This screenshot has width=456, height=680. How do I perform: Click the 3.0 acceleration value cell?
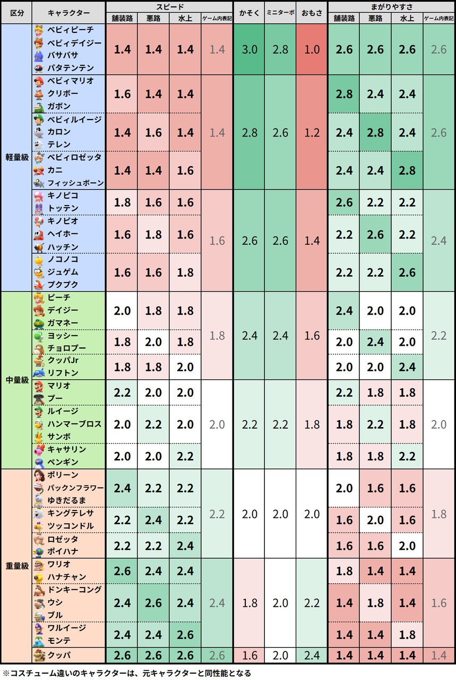click(x=249, y=49)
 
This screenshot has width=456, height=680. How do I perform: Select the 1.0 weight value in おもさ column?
click(x=312, y=49)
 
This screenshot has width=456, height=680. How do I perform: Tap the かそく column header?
click(x=249, y=13)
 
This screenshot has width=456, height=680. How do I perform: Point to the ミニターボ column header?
click(x=280, y=13)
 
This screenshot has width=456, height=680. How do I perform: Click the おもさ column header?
click(x=312, y=13)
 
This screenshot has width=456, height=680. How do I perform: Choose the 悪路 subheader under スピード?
click(x=153, y=19)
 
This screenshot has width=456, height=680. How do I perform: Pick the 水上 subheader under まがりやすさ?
click(x=407, y=19)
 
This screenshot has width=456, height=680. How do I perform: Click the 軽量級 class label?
click(x=17, y=157)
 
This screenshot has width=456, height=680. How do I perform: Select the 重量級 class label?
click(x=17, y=566)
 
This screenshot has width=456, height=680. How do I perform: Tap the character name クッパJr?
click(x=63, y=360)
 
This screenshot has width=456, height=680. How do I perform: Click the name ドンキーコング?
click(x=75, y=590)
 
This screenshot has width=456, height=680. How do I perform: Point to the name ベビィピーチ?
click(x=71, y=30)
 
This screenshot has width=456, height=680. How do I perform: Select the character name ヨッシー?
click(x=63, y=335)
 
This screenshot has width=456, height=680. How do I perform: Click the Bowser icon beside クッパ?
click(x=39, y=655)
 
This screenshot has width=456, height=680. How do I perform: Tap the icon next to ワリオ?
click(x=39, y=564)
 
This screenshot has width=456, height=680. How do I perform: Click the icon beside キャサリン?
click(x=39, y=449)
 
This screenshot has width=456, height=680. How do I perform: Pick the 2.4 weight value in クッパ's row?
click(x=312, y=656)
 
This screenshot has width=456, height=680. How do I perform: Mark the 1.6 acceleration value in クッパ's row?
click(x=249, y=656)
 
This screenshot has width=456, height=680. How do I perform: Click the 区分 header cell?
click(x=17, y=13)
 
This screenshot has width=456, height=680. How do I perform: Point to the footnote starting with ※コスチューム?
click(x=127, y=673)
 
